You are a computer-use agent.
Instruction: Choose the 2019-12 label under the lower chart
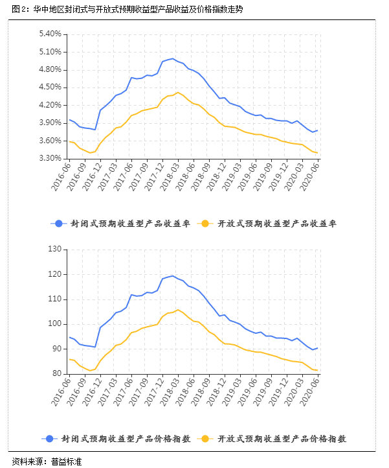click(273, 392)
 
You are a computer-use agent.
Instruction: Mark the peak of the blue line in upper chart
click(172, 59)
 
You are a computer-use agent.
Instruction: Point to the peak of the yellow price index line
click(178, 310)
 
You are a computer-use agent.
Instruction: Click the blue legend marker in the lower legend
click(59, 439)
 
